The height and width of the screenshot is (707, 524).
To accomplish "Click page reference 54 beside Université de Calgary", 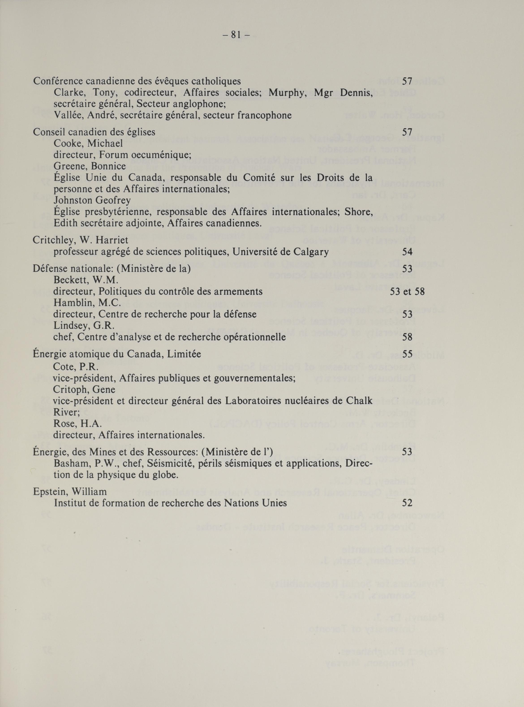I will [407, 252].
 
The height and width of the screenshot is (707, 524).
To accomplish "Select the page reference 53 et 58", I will [407, 291].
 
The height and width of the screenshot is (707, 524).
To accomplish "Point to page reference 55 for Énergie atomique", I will [407, 354].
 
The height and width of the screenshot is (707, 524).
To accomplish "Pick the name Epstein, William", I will [70, 492].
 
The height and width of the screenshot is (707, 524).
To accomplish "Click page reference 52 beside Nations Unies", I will [407, 503].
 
